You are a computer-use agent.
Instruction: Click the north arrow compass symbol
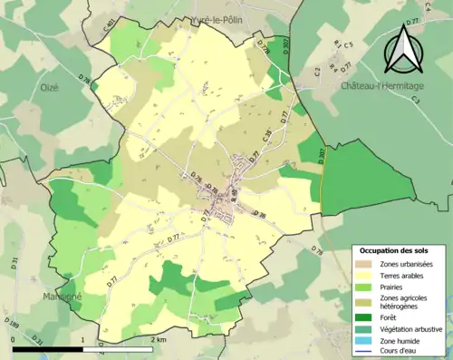pyautogui.click(x=402, y=50)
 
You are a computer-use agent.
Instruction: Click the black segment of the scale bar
pyautogui.click(x=46, y=346)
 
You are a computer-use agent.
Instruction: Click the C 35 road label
pyautogui.click(x=266, y=138)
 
